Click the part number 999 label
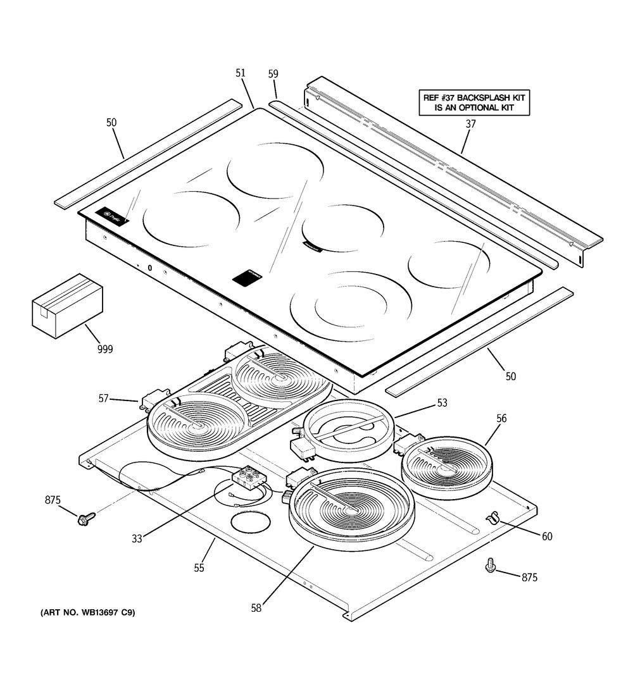click(104, 349)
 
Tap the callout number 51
click(241, 73)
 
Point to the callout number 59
click(273, 74)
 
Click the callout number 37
click(470, 124)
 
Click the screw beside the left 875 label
click(83, 519)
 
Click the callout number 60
click(547, 536)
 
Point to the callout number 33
click(137, 538)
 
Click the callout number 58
click(256, 608)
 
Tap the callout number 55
click(199, 568)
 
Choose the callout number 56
click(501, 418)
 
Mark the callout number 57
click(103, 398)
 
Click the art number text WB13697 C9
click(88, 613)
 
